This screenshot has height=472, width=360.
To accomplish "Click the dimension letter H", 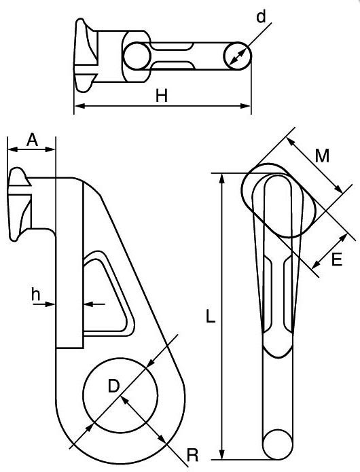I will tap(162, 96).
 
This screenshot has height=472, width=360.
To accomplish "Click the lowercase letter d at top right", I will tap(261, 17).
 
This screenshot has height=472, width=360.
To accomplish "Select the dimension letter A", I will tap(31, 139).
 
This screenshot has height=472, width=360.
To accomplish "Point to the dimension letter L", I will tap(211, 317).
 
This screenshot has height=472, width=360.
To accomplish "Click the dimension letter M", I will tap(323, 156).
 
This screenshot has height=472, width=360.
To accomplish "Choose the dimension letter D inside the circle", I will tap(115, 386).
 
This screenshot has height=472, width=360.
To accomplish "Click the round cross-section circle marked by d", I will tap(237, 54).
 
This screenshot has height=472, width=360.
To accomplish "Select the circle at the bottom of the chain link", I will tap(278, 445).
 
